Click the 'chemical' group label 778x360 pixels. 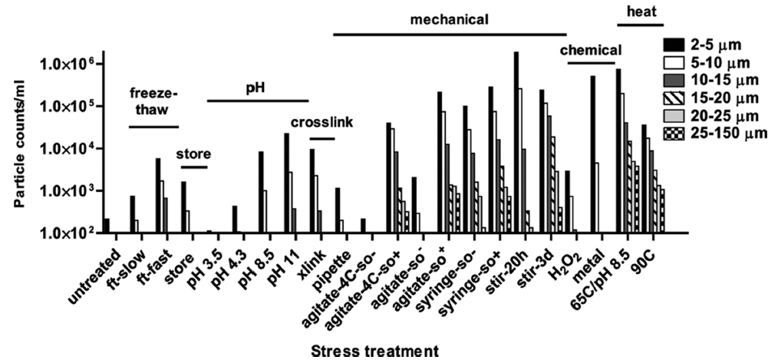(591, 50)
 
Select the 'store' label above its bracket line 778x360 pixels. (193, 154)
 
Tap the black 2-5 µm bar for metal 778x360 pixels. (593, 154)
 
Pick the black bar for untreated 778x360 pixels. (107, 225)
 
